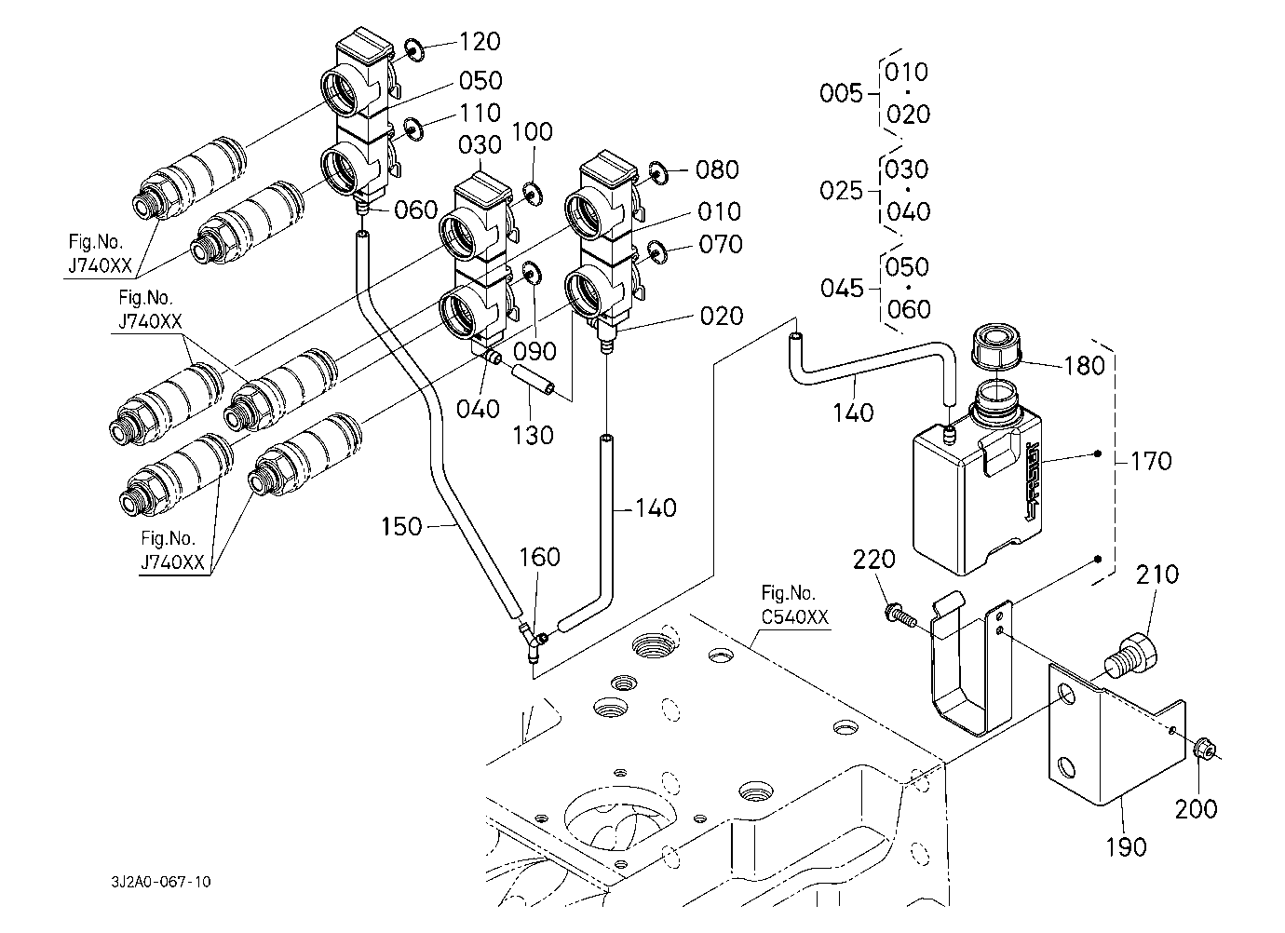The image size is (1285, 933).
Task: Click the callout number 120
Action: coord(480,42)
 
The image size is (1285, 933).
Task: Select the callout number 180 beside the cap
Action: coord(1084,364)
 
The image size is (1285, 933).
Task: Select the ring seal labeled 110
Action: coord(413,128)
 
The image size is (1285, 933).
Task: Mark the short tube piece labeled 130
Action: coord(533,381)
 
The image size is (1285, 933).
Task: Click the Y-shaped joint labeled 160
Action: coord(533,640)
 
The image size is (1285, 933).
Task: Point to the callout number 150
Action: coord(402,527)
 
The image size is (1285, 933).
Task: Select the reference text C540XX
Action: coord(794,616)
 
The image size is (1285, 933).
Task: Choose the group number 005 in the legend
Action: coord(841,93)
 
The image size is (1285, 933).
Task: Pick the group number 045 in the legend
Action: coord(842,288)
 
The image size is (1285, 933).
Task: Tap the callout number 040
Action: coord(479,409)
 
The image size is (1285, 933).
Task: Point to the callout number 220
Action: coord(874,560)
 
